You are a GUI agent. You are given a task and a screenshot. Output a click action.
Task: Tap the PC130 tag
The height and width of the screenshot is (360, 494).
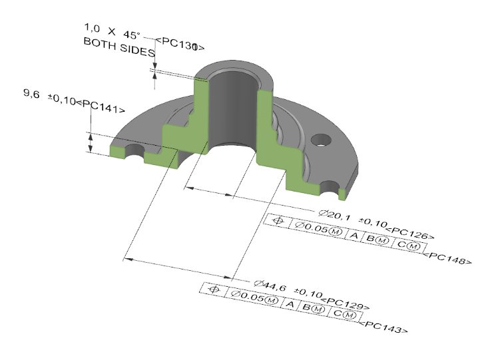coord(178,46)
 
